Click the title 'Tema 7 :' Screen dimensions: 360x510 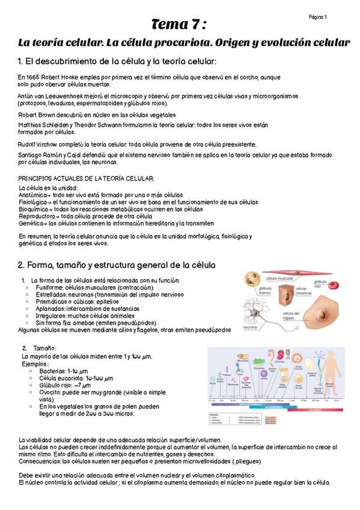179,25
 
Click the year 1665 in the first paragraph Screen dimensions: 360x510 31,78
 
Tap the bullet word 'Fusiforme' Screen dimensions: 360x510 50,287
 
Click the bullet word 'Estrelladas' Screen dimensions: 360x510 52,294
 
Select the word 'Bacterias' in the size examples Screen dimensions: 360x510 52,370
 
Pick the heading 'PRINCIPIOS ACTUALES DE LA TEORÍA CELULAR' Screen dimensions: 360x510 86,178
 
